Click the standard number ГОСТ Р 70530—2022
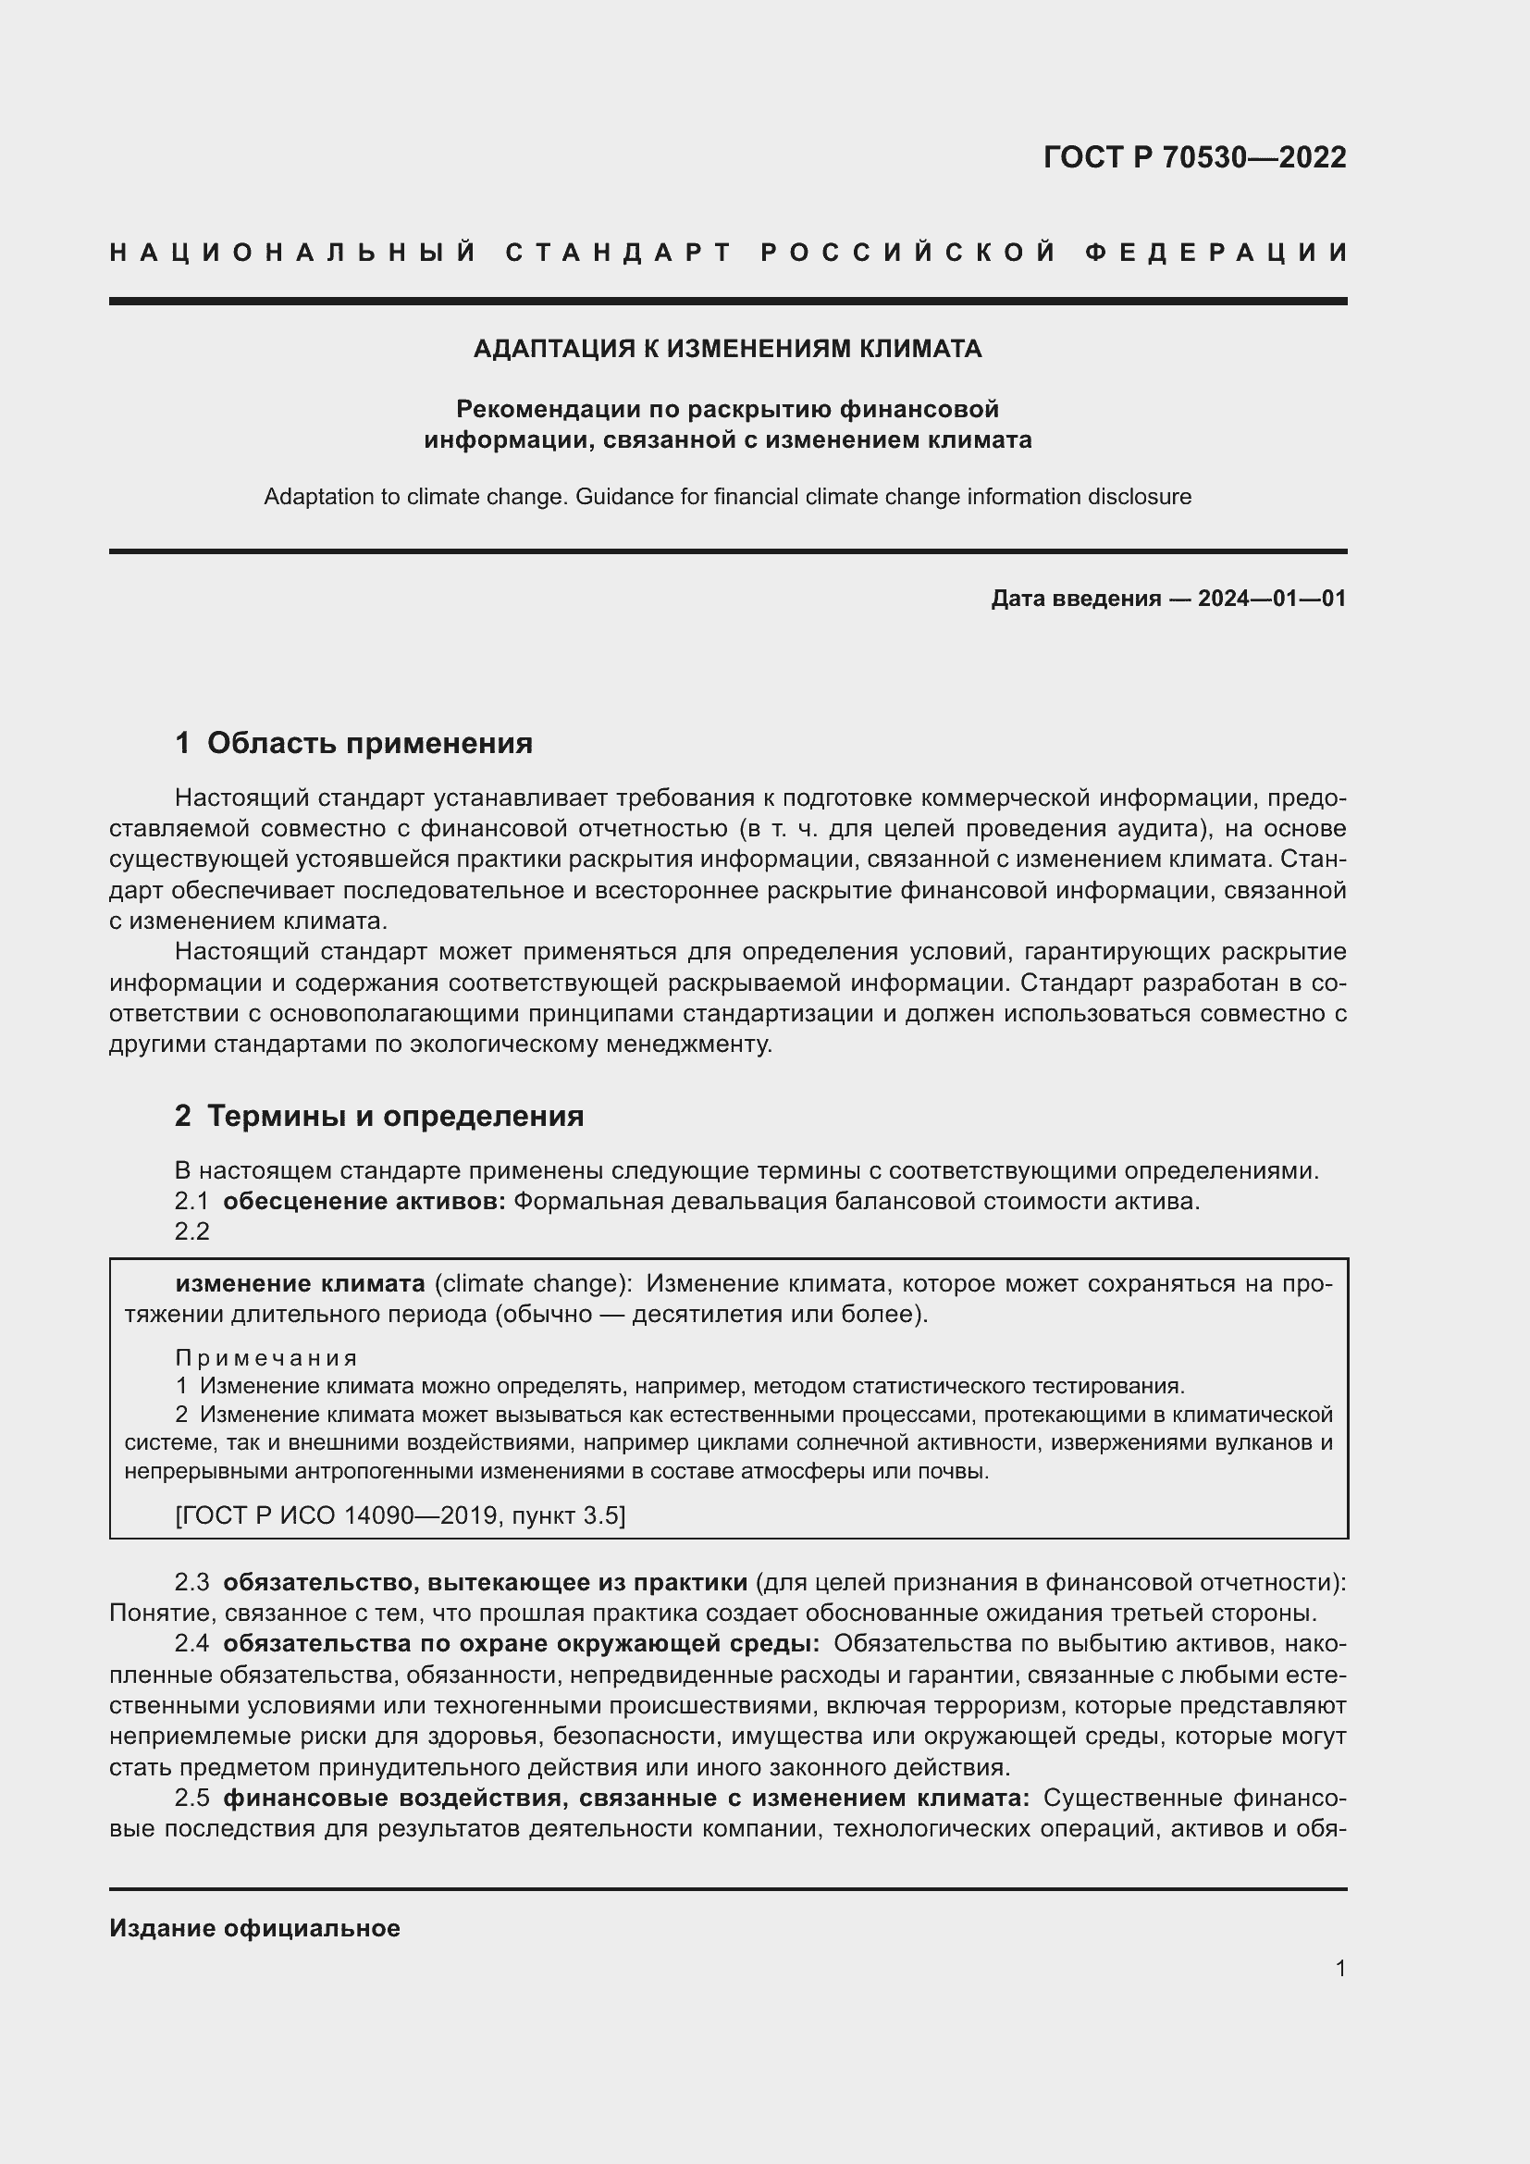(1193, 157)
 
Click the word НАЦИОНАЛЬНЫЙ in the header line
(293, 253)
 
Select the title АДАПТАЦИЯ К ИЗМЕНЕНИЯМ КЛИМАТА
(727, 350)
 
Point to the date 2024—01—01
(1271, 599)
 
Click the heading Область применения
(369, 743)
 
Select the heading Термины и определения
(395, 1116)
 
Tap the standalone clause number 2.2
(192, 1231)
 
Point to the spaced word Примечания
(266, 1358)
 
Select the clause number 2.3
(192, 1582)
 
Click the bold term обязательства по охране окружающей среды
(521, 1644)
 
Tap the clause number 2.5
(192, 1799)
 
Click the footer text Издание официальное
(254, 1928)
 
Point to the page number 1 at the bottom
(1339, 1969)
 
